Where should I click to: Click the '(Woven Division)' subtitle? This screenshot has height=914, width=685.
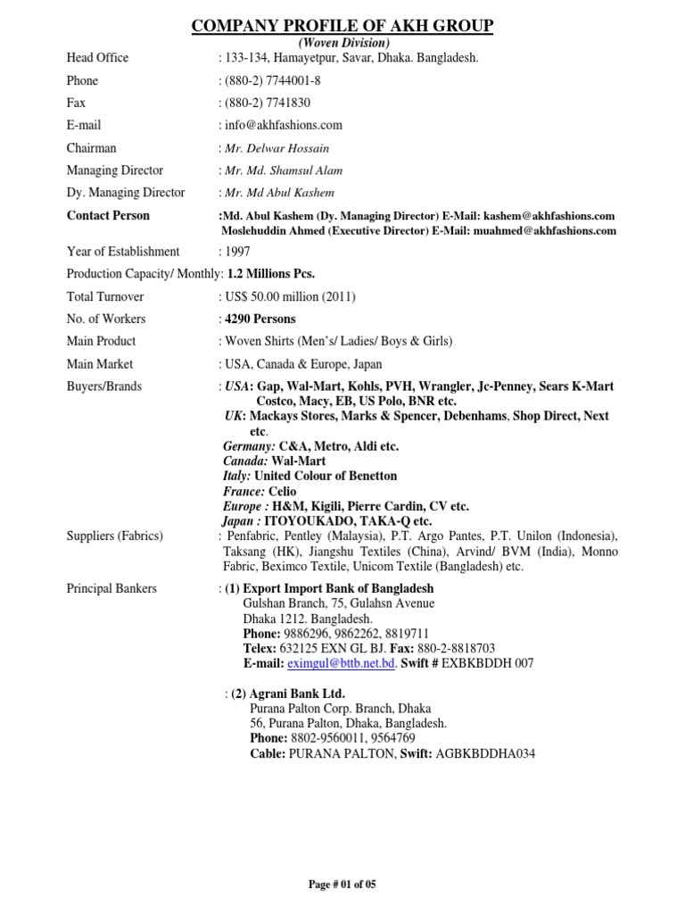(342, 43)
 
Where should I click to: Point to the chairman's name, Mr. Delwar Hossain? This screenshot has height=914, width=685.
(273, 148)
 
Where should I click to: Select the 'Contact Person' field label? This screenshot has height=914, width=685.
(108, 216)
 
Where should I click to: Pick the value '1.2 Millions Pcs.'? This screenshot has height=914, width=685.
(271, 274)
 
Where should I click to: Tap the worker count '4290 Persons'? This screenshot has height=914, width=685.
(260, 319)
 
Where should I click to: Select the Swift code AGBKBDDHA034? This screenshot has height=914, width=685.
(485, 754)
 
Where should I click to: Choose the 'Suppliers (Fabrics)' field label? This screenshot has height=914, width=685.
(115, 536)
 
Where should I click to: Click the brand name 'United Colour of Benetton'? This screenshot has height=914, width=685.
(326, 477)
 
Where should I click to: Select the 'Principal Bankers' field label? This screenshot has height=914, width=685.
(111, 589)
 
